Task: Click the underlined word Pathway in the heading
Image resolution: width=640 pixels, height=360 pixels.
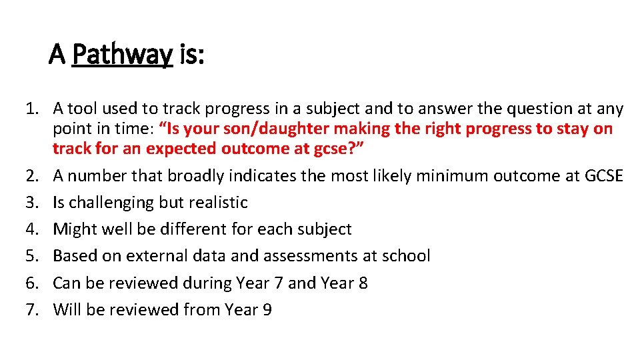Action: click(x=122, y=55)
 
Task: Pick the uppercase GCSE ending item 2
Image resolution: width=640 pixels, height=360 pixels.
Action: click(x=602, y=176)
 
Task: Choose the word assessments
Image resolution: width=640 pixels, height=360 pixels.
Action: click(x=321, y=256)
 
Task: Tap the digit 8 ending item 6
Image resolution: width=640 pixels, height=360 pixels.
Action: click(x=363, y=283)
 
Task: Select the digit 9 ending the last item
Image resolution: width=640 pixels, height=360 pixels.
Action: click(x=267, y=310)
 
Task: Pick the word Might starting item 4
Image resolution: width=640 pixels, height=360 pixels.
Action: click(x=73, y=229)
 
